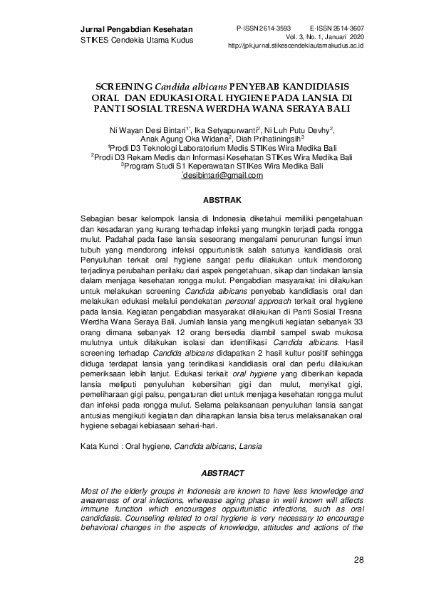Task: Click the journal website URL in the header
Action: pyautogui.click(x=296, y=44)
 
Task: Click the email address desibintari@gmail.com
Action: pyautogui.click(x=224, y=175)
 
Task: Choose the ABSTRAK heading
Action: pyautogui.click(x=222, y=201)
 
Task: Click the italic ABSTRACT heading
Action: pyautogui.click(x=222, y=473)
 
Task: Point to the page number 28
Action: pyautogui.click(x=358, y=561)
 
